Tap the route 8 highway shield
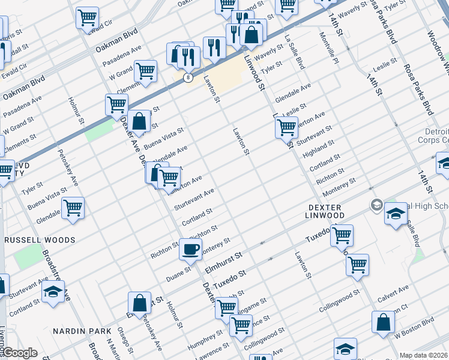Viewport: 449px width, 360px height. [188, 78]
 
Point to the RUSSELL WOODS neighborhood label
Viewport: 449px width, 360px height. [40, 240]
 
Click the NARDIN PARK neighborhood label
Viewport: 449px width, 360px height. [82, 331]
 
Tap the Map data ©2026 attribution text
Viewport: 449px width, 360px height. [424, 355]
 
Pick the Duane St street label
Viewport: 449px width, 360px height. [179, 269]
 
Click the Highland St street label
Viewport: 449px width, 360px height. [318, 148]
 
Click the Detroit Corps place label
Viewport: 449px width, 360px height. [433, 136]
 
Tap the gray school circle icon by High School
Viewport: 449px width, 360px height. [376, 205]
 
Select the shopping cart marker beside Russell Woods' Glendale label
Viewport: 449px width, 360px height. [73, 209]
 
